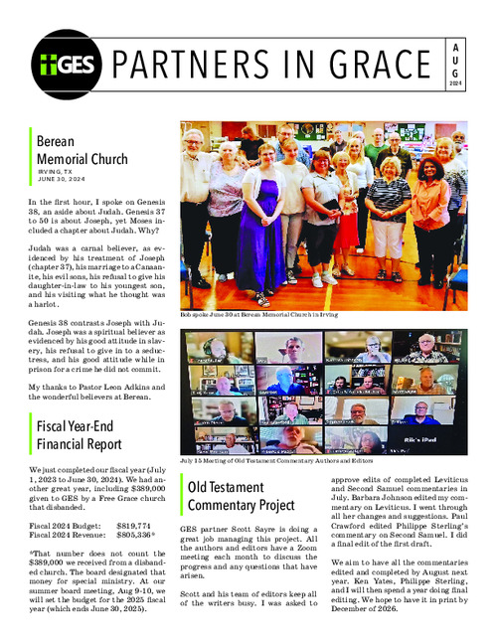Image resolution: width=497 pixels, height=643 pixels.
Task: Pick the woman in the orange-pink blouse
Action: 430,209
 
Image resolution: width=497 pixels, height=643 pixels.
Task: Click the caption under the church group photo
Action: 265,313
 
